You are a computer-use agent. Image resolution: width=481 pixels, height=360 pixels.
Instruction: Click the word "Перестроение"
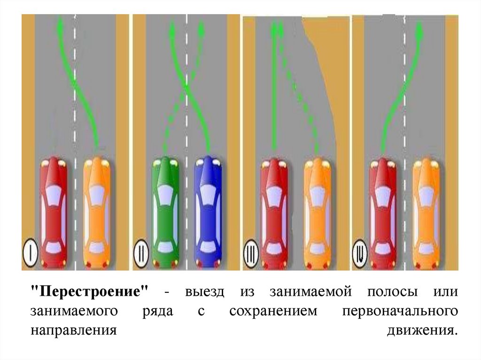[89, 292]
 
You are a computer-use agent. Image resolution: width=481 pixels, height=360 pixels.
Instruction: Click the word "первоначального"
[400, 312]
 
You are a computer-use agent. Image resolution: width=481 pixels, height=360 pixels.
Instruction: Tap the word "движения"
[421, 331]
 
